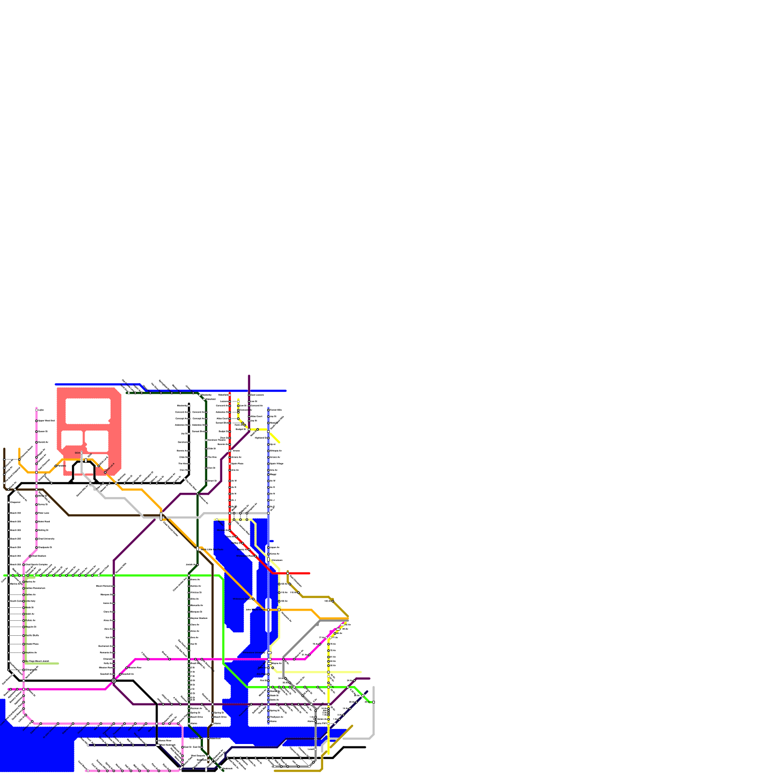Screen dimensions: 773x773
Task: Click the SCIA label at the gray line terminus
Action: pyautogui.click(x=77, y=453)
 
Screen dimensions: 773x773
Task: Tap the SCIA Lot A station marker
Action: pyautogui.click(x=105, y=472)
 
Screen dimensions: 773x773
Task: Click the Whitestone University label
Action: pyautogui.click(x=46, y=539)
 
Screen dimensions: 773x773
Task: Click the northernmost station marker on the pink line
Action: pyautogui.click(x=36, y=410)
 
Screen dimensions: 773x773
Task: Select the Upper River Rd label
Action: pyautogui.click(x=46, y=421)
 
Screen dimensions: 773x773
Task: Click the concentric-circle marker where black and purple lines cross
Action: pyautogui.click(x=114, y=681)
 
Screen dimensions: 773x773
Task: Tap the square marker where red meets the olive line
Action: pyautogui.click(x=287, y=573)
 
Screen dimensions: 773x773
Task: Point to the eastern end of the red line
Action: pyautogui.click(x=309, y=573)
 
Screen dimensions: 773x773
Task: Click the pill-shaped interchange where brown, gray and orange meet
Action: pyautogui.click(x=161, y=516)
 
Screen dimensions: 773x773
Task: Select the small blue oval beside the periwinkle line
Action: pyautogui.click(x=272, y=541)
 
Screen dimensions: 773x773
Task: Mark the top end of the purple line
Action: pyautogui.click(x=249, y=376)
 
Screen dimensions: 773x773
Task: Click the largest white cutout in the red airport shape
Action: pyautogui.click(x=88, y=411)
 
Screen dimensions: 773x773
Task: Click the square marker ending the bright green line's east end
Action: pyautogui.click(x=373, y=702)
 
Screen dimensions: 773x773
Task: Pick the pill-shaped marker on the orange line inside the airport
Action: pyautogui.click(x=86, y=460)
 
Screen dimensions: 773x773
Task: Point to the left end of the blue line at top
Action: pyautogui.click(x=56, y=385)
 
